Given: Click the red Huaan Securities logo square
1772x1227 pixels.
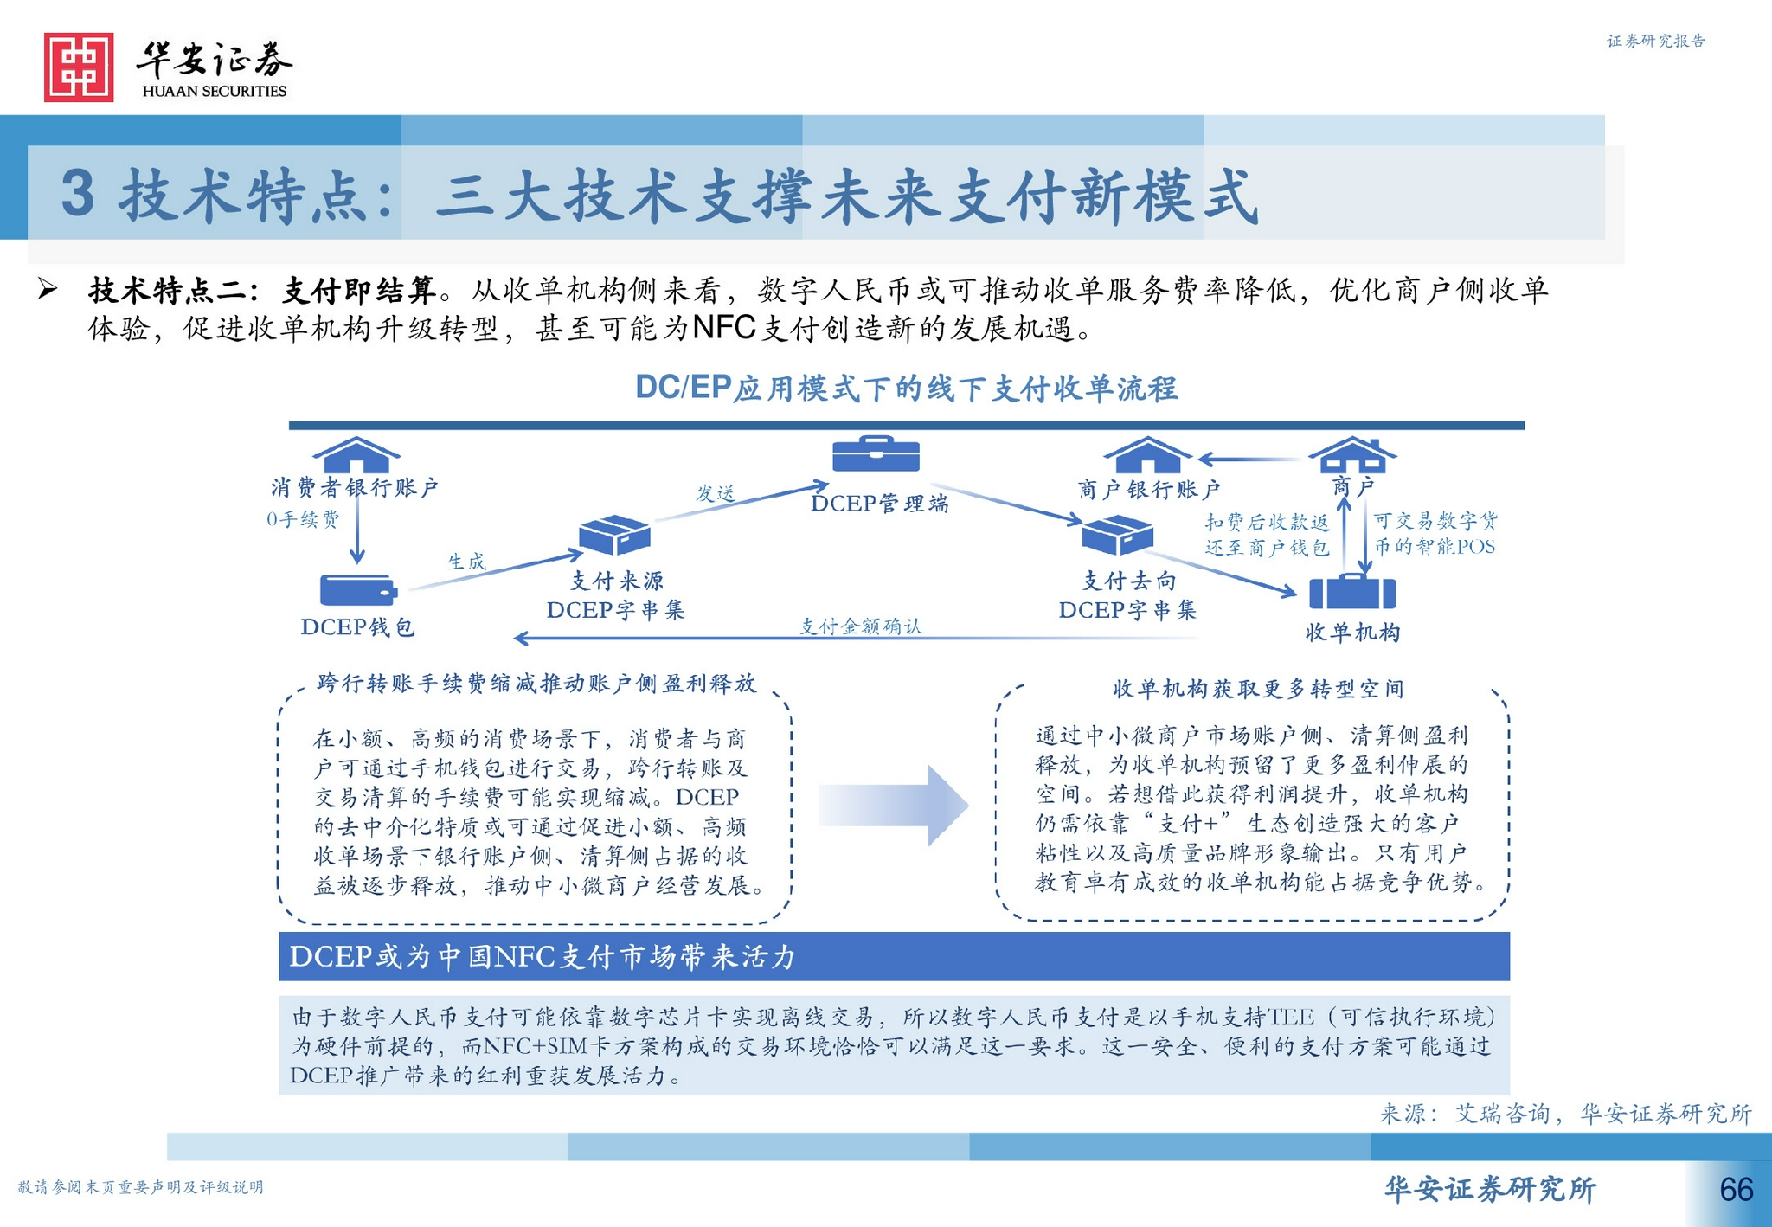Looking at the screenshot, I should point(79,67).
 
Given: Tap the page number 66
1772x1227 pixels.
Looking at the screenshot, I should point(1736,1190).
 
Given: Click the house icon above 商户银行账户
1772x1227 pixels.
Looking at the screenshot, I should point(1148,454).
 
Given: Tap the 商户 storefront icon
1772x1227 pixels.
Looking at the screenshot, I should point(1352,454).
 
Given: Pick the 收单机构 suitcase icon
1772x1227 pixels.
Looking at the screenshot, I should point(1352,592).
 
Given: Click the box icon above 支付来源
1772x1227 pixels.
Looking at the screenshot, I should point(614,535).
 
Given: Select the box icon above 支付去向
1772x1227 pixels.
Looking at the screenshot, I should point(1118,535).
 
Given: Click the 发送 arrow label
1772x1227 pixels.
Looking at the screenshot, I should point(716,493).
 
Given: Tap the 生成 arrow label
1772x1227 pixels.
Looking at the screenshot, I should point(466,562).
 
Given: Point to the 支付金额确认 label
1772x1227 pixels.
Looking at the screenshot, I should point(861,626).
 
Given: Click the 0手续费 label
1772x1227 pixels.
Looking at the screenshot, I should point(303,519).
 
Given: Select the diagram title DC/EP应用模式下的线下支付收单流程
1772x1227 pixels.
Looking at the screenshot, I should point(906,389).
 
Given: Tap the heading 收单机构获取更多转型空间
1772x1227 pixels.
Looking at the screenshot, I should point(1258,689).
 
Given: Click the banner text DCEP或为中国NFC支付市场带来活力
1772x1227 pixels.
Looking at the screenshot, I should point(543,956).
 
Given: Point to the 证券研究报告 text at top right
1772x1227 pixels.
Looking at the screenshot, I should point(1655,41).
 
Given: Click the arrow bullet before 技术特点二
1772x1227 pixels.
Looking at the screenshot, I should point(48,289).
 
